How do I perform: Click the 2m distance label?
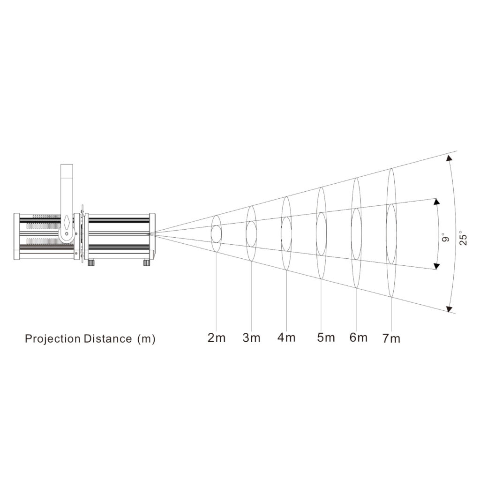pyautogui.click(x=217, y=338)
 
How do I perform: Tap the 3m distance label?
pyautogui.click(x=251, y=338)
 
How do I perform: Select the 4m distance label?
pyautogui.click(x=286, y=337)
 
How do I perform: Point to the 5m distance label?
pyautogui.click(x=326, y=337)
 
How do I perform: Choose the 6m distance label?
pyautogui.click(x=358, y=337)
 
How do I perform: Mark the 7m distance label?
pyautogui.click(x=391, y=338)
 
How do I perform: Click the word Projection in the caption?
pyautogui.click(x=52, y=339)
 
